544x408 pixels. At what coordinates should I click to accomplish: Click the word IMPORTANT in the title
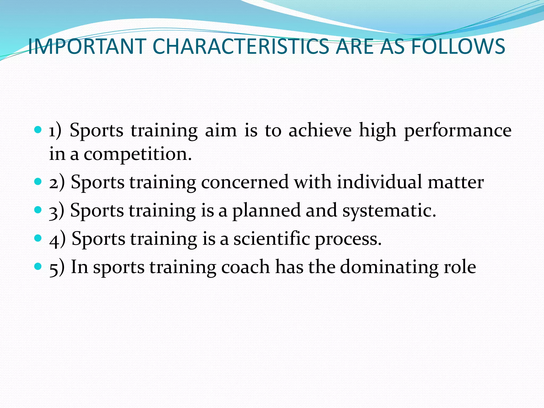(x=87, y=46)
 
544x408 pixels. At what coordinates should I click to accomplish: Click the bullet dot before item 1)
(x=38, y=130)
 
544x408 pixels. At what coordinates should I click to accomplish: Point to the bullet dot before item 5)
(x=38, y=266)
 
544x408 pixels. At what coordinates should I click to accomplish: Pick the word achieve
(x=320, y=130)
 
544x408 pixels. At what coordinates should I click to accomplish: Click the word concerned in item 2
(x=245, y=182)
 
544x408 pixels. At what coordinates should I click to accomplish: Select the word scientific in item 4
(x=271, y=239)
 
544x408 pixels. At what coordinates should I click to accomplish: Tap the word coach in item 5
(x=245, y=267)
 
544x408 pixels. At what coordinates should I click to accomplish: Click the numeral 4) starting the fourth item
(x=57, y=239)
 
